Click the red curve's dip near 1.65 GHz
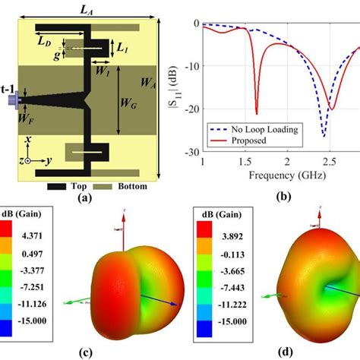click(257, 113)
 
